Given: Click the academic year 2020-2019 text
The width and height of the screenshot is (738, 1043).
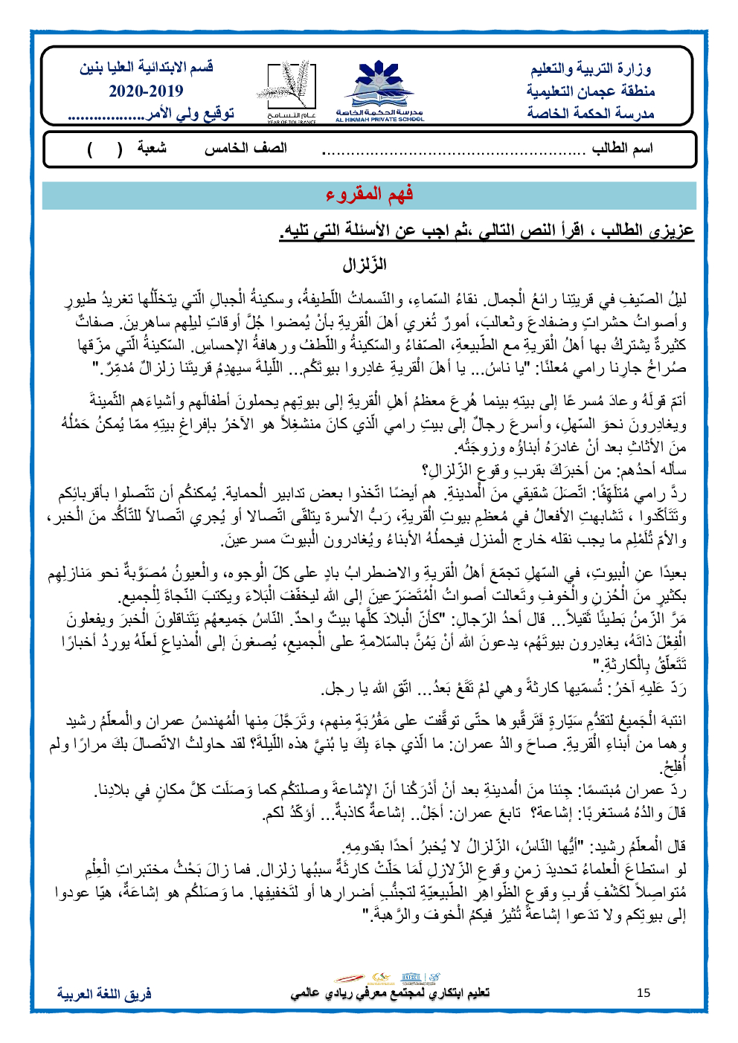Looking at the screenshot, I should click(x=146, y=91).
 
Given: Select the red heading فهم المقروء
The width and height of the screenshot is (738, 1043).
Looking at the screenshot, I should click(x=369, y=194).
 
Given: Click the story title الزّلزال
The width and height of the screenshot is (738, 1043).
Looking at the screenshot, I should click(x=365, y=265).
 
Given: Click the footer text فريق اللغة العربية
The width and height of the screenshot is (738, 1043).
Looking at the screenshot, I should click(x=104, y=993).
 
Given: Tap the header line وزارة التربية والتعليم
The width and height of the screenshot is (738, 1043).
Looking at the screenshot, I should click(x=591, y=69).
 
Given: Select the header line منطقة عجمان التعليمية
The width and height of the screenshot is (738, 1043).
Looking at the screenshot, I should click(x=591, y=91).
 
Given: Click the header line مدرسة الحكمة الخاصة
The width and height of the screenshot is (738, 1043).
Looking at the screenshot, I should click(x=591, y=113).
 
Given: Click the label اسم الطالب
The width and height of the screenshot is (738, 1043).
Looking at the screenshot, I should click(x=622, y=149).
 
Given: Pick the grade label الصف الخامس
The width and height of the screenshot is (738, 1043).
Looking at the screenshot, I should click(x=246, y=149).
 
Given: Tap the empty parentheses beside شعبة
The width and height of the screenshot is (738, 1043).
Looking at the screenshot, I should click(x=105, y=149).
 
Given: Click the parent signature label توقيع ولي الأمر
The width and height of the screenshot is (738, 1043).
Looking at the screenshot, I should click(x=190, y=114).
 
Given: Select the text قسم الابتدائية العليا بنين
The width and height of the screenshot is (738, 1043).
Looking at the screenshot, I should click(x=147, y=68).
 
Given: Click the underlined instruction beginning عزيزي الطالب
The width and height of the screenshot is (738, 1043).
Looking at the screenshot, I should click(x=487, y=230).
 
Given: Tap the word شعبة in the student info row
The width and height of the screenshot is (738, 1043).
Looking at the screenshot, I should click(x=152, y=149).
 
